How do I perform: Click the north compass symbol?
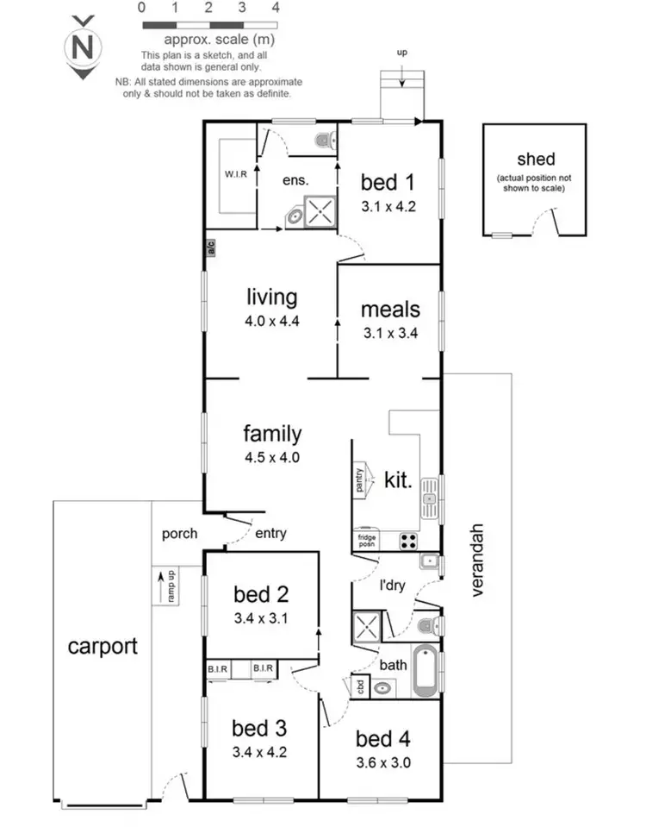coord(83,47)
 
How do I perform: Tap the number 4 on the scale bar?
coord(276,7)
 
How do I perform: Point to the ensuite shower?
coord(320,212)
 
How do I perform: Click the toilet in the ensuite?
coord(323,139)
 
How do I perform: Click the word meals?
coord(390,309)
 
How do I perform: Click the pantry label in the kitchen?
coord(359,480)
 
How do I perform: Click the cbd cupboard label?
coord(359,687)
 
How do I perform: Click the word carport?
coord(102,646)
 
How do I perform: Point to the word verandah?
coord(478,561)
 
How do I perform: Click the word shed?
coord(536,159)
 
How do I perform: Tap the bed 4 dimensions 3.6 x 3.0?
coord(383,761)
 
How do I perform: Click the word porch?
coord(179,534)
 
